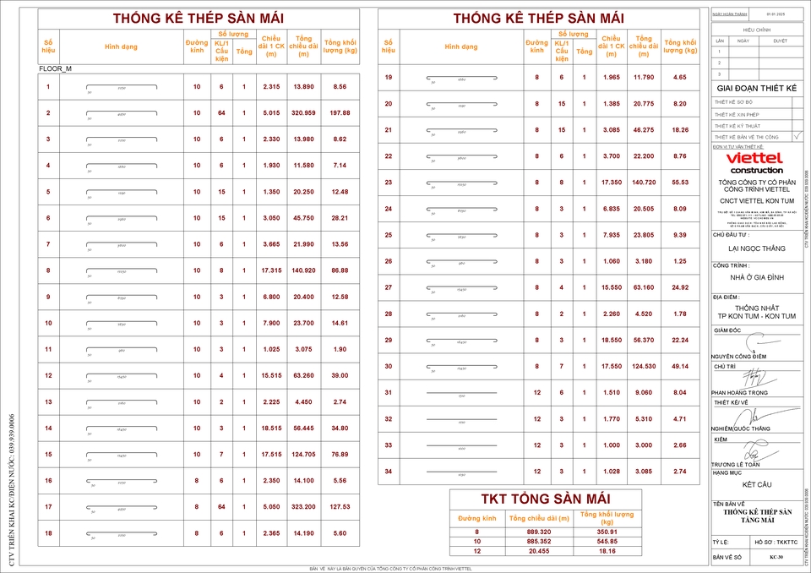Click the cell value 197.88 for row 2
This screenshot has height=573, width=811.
(340, 113)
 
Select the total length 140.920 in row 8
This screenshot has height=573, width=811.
(304, 270)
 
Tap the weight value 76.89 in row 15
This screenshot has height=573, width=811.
(340, 455)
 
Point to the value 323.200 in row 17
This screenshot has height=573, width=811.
(304, 507)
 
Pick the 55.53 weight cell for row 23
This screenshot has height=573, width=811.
(680, 183)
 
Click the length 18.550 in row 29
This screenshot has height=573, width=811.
(611, 340)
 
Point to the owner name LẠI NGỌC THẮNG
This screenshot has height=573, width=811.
(756, 249)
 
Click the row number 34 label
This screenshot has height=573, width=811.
(389, 471)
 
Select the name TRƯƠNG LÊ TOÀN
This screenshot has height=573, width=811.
(736, 464)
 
